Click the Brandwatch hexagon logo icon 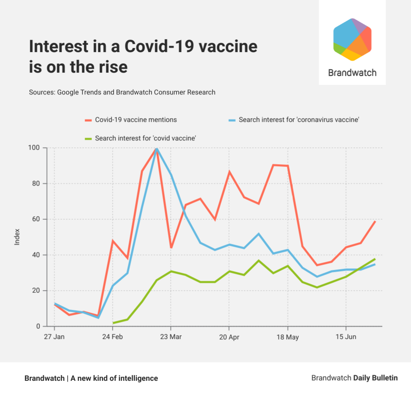(352, 40)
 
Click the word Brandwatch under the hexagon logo (352, 73)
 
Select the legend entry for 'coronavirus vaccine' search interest (299, 120)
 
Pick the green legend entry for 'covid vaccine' (145, 138)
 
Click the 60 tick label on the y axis (36, 219)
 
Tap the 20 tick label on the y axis (36, 291)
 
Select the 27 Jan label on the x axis (54, 337)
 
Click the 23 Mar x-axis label (171, 337)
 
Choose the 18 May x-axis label (287, 337)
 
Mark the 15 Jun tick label (346, 337)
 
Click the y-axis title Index (17, 237)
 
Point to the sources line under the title (122, 92)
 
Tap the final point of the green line (375, 259)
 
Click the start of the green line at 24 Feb (113, 323)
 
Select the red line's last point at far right (375, 221)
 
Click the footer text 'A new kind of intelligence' (114, 378)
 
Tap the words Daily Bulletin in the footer (375, 378)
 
